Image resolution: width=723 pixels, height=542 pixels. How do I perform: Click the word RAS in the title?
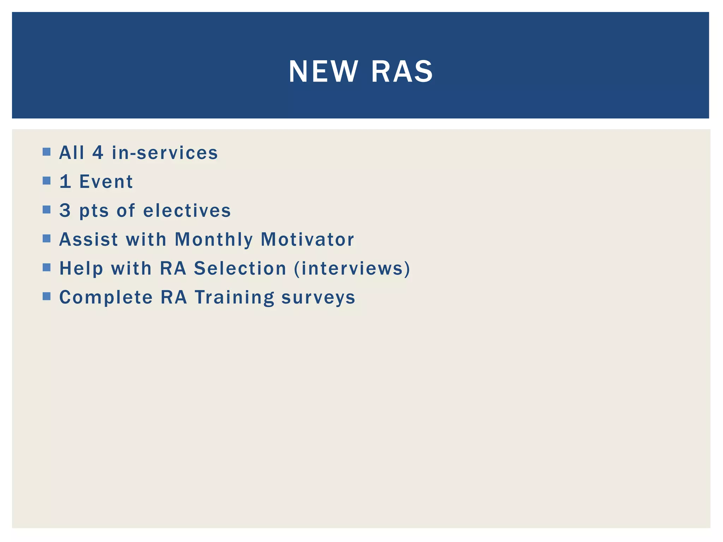402,72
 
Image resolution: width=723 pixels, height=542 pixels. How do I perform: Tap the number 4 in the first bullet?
98,153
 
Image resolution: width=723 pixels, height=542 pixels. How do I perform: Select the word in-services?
165,153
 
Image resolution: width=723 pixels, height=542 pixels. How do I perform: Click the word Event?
106,182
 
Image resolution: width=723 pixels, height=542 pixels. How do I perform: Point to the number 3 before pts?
65,211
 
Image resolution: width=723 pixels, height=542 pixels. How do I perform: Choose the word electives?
187,211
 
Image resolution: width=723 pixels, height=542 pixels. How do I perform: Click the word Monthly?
214,239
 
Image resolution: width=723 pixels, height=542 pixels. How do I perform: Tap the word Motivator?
307,239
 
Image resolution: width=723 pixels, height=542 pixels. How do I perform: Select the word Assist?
88,239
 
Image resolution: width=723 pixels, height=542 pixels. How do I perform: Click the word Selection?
240,268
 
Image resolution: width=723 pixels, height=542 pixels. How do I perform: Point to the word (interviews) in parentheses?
352,268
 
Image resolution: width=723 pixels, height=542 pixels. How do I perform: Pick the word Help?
81,268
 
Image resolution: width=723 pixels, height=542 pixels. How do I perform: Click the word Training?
234,297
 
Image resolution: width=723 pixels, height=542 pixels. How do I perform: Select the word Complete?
106,297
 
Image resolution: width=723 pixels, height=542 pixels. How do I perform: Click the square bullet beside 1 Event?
47,181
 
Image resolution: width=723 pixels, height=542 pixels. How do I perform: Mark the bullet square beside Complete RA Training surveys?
47,296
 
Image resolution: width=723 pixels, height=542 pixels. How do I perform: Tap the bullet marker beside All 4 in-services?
47,152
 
